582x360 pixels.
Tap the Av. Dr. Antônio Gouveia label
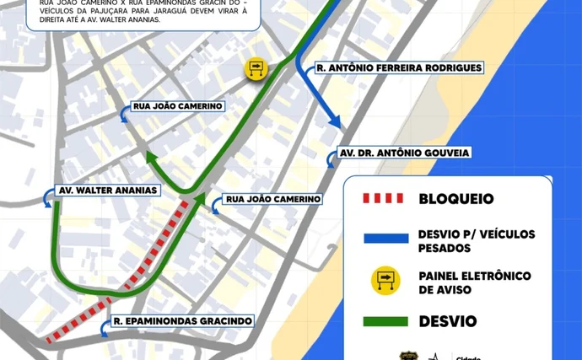coord(402,153)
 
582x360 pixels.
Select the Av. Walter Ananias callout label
coord(106,190)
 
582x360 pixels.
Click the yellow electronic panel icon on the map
coord(256,68)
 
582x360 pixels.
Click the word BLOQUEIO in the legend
coord(456,199)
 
